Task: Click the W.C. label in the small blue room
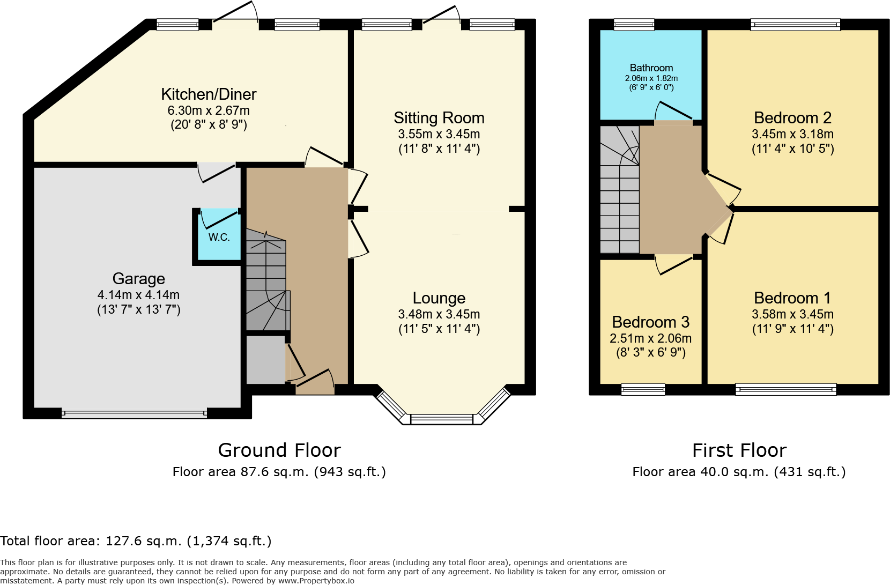(x=219, y=237)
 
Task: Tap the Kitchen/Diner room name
(x=209, y=94)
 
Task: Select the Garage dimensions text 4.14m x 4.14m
(x=138, y=295)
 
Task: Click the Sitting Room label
(x=439, y=118)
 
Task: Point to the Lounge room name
(x=439, y=298)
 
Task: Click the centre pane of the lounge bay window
(x=442, y=419)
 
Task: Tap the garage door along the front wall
(x=134, y=413)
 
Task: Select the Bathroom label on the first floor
(x=651, y=68)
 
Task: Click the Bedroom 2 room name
(x=792, y=118)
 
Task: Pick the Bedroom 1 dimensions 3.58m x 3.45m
(x=792, y=314)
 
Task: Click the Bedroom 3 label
(x=650, y=322)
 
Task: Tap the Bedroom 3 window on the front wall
(x=643, y=389)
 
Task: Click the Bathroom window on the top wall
(x=634, y=24)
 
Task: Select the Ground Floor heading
(x=279, y=450)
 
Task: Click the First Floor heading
(x=739, y=450)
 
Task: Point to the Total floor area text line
(x=136, y=541)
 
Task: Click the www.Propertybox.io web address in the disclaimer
(x=316, y=581)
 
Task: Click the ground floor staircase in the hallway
(x=266, y=282)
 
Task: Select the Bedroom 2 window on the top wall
(x=795, y=24)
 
